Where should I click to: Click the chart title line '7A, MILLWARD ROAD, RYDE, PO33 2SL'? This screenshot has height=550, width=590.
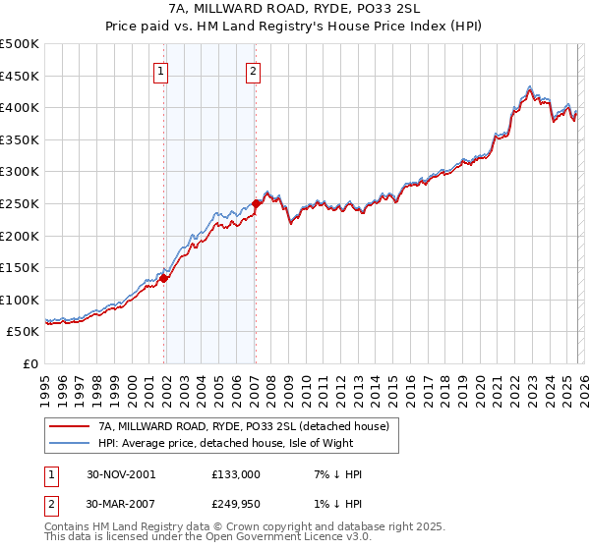click(295, 11)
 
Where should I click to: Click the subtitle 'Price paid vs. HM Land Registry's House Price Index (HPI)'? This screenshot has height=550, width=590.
click(295, 27)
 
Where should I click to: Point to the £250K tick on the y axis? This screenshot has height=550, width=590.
click(20, 203)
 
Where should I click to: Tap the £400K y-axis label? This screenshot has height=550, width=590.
click(20, 107)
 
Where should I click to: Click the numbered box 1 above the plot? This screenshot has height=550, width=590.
click(161, 71)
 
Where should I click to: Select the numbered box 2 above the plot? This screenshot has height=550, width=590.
click(254, 71)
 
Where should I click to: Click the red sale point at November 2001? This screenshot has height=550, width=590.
click(164, 278)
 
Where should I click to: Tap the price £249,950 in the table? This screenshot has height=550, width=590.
click(236, 504)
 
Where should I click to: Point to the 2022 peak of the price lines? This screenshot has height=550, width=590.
click(530, 86)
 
